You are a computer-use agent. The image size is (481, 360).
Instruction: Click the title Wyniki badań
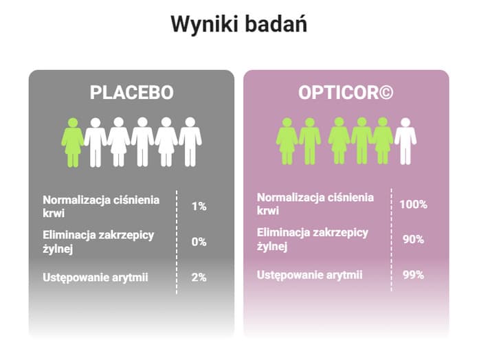(x=238, y=23)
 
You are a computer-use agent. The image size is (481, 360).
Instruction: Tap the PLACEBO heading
(x=132, y=92)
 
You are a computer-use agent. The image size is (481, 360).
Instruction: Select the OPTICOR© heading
(x=346, y=92)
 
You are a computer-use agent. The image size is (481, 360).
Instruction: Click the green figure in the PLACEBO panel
(x=72, y=143)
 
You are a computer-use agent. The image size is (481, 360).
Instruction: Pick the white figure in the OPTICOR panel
(x=405, y=142)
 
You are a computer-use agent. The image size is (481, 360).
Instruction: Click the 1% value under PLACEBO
(x=199, y=206)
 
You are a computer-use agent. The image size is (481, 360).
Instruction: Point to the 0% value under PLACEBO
(x=199, y=242)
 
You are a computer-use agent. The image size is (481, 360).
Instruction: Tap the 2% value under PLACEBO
(x=199, y=278)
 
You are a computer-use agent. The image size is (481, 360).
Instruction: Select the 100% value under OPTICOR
(x=413, y=204)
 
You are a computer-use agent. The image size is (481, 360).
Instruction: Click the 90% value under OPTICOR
(x=413, y=240)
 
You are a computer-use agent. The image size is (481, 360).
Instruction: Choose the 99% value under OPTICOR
(x=413, y=275)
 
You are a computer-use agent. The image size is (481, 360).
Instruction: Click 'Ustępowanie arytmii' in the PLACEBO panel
(x=96, y=278)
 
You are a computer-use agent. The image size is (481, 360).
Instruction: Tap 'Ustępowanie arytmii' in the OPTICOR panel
(x=309, y=275)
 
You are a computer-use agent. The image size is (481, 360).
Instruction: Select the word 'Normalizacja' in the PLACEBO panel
(x=77, y=200)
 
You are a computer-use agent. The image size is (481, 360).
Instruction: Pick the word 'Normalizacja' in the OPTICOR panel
(x=291, y=197)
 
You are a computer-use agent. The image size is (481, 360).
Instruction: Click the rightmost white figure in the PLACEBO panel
(x=190, y=142)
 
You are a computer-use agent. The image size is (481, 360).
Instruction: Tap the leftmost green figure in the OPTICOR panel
(x=287, y=142)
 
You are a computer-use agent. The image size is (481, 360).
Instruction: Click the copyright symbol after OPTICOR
(x=386, y=92)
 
